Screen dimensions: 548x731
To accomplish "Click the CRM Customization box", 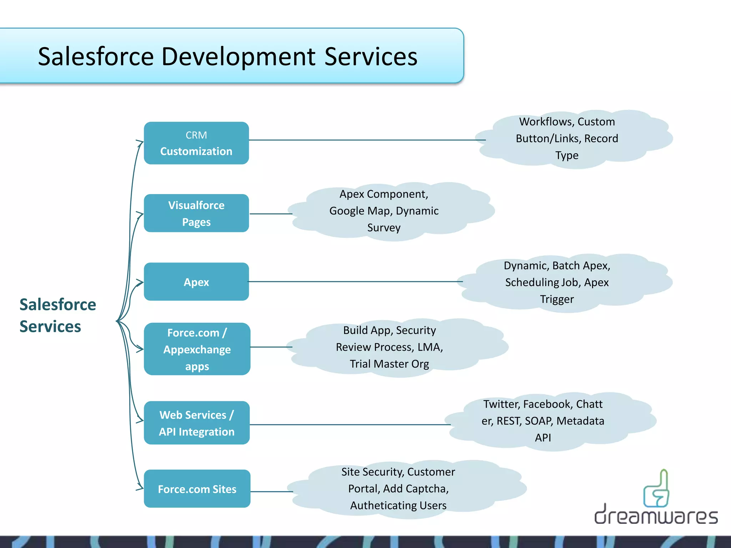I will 196,143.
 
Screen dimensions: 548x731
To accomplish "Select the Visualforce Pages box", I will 196,213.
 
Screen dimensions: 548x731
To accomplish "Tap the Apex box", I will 196,282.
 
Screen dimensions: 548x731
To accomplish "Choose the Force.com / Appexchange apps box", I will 197,349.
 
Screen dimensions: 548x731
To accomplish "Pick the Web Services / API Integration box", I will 197,423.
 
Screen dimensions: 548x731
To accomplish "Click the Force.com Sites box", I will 197,489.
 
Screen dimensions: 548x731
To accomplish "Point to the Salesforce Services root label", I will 57,315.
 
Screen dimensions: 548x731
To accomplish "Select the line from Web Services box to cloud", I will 350,425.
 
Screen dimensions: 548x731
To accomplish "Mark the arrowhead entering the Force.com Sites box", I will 140,488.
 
